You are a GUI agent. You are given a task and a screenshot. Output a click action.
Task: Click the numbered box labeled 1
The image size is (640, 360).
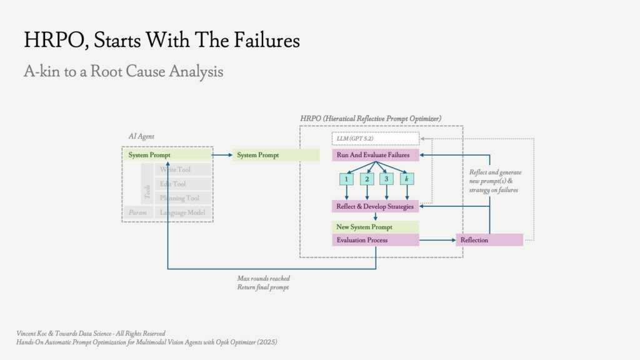click(346, 179)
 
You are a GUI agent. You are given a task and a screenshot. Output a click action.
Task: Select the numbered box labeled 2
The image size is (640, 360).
click(367, 179)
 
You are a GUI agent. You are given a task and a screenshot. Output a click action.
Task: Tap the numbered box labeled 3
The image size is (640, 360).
click(386, 179)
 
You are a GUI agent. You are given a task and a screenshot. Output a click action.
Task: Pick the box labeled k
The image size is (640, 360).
click(407, 179)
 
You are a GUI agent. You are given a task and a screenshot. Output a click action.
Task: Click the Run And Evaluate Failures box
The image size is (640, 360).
click(376, 155)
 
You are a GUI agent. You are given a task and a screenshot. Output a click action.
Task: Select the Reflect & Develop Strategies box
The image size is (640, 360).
click(376, 206)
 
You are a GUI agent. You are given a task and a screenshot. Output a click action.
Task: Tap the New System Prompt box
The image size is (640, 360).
click(376, 227)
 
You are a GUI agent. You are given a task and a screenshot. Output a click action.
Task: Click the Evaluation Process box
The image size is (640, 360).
click(376, 240)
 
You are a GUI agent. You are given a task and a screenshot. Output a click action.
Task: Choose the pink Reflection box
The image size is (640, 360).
click(489, 240)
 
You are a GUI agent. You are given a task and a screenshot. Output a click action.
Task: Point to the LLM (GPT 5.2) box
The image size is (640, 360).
click(376, 138)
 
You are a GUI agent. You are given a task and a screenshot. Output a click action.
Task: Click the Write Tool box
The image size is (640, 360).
click(183, 169)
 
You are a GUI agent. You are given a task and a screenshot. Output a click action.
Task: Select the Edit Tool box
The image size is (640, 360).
click(183, 184)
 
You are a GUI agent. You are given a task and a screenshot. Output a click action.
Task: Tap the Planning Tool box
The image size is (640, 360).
click(183, 198)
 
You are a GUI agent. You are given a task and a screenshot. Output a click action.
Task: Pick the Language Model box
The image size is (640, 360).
click(183, 212)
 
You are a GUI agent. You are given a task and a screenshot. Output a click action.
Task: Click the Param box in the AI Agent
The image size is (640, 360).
click(138, 212)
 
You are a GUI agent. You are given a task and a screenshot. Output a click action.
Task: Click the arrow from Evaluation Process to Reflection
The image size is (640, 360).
click(437, 240)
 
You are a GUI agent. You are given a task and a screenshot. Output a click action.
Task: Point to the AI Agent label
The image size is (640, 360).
click(141, 136)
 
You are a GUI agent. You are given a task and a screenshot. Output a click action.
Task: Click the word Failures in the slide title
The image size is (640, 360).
click(267, 40)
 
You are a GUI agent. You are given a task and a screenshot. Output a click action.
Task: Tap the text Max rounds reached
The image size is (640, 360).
click(264, 278)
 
